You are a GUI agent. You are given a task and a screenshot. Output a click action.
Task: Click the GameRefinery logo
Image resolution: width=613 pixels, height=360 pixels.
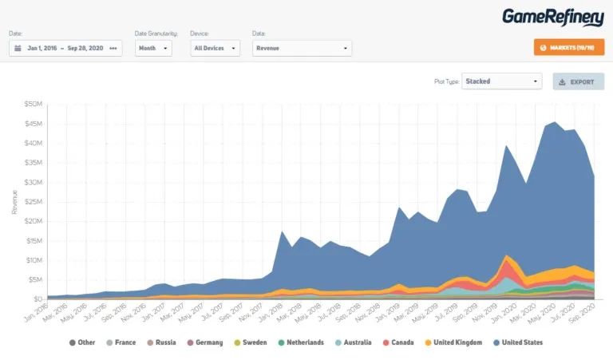[x=552, y=17]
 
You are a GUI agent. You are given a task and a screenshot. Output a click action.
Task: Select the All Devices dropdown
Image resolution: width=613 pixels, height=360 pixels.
[x=215, y=48]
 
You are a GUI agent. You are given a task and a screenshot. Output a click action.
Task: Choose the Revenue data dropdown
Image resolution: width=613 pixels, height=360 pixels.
[x=300, y=48]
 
